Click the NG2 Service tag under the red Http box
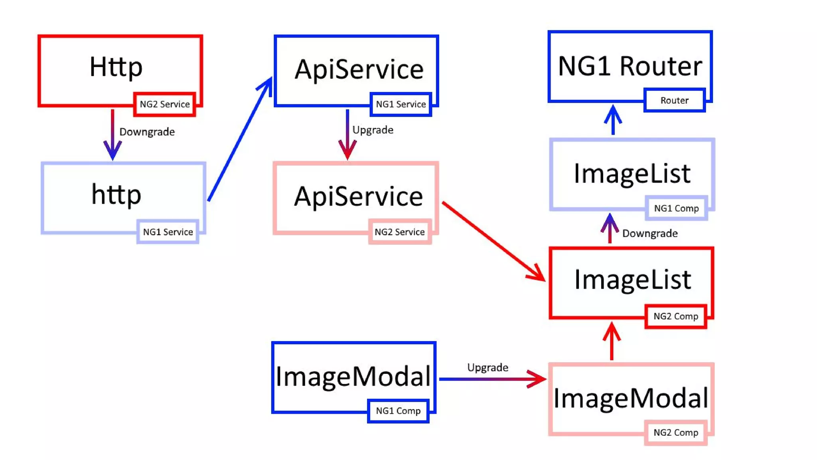coord(164,104)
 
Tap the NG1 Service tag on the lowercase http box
coord(168,232)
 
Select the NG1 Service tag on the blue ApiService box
coord(401,104)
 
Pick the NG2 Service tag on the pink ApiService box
coord(400,232)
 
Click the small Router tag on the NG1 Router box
coord(674,100)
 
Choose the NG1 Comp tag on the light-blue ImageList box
coord(676,208)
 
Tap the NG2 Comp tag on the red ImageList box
coord(676,316)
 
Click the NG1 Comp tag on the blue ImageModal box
coord(398,411)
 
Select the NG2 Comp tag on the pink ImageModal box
coord(676,432)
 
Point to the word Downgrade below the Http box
coord(147,132)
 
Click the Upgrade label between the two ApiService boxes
coord(373,130)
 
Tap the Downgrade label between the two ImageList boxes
coord(650,233)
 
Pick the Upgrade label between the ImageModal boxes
coord(487,367)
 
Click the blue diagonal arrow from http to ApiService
coord(239,140)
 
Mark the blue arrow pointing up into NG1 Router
coord(613,120)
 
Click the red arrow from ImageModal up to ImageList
coord(612,341)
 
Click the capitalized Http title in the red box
coord(116,67)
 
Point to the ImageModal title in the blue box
coord(353,377)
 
